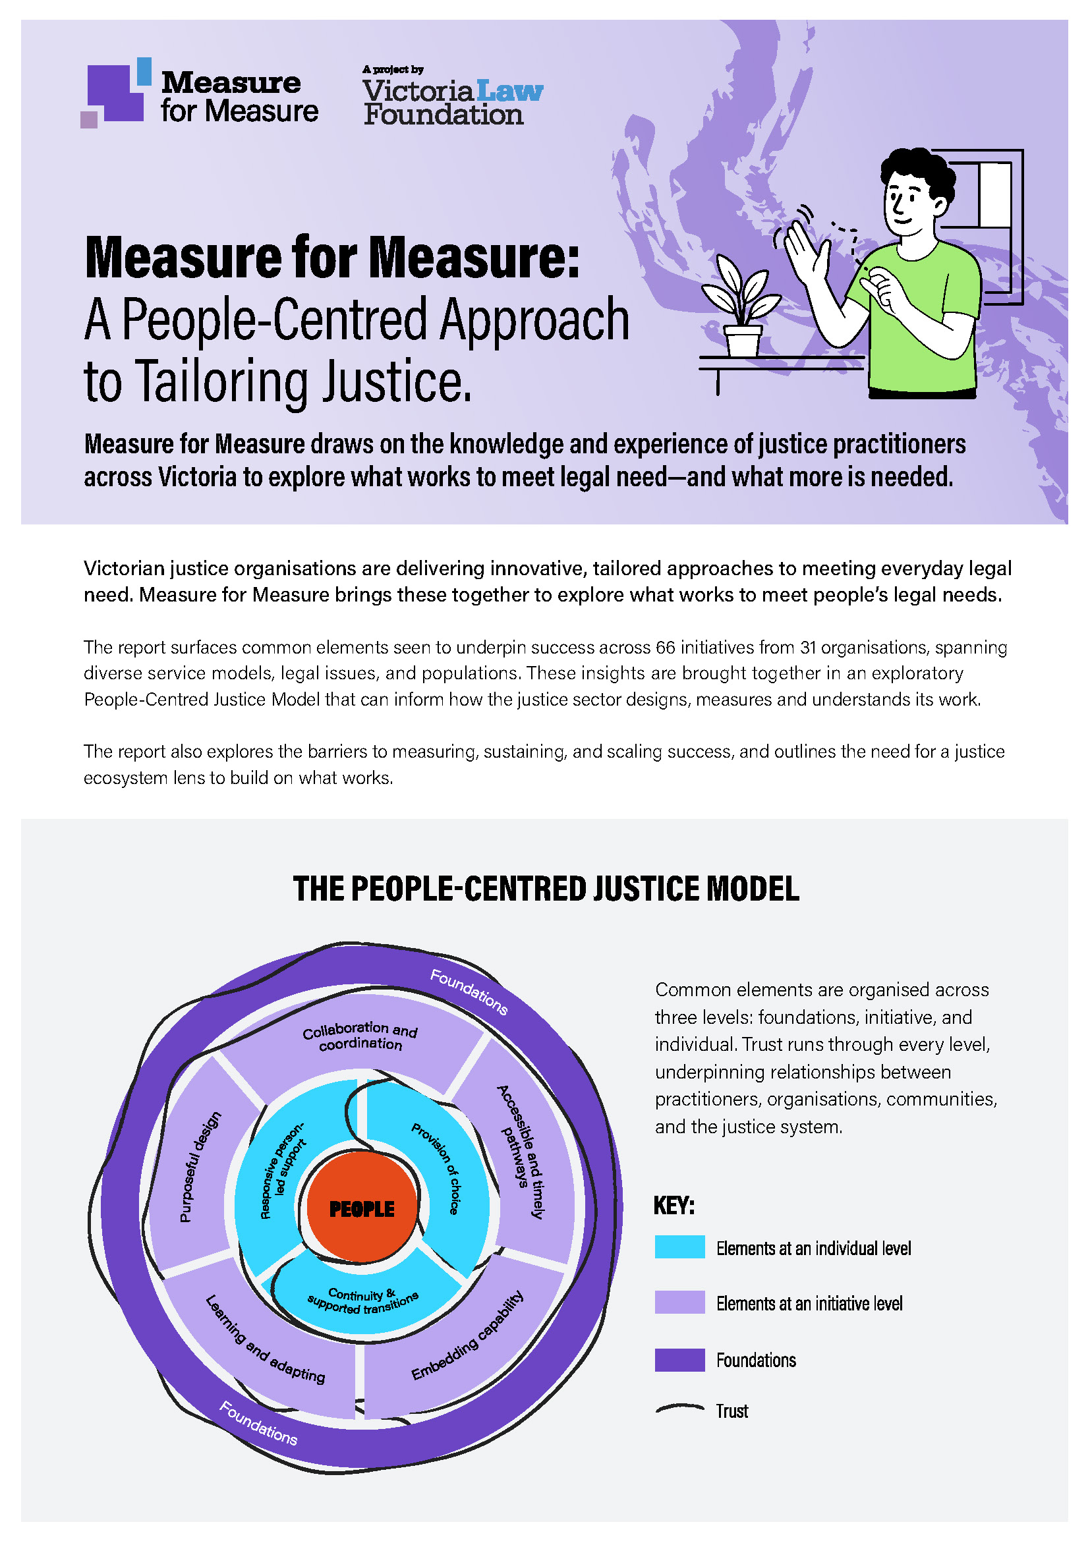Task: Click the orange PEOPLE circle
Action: tap(362, 1208)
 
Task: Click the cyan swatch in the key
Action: tap(679, 1247)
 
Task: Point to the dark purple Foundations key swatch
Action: tap(679, 1360)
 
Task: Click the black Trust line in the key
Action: tap(679, 1409)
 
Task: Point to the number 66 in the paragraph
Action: tap(664, 647)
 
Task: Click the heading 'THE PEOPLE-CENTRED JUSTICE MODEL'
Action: tap(546, 889)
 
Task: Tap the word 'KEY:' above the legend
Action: tap(674, 1206)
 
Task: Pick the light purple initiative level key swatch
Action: tap(679, 1302)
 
